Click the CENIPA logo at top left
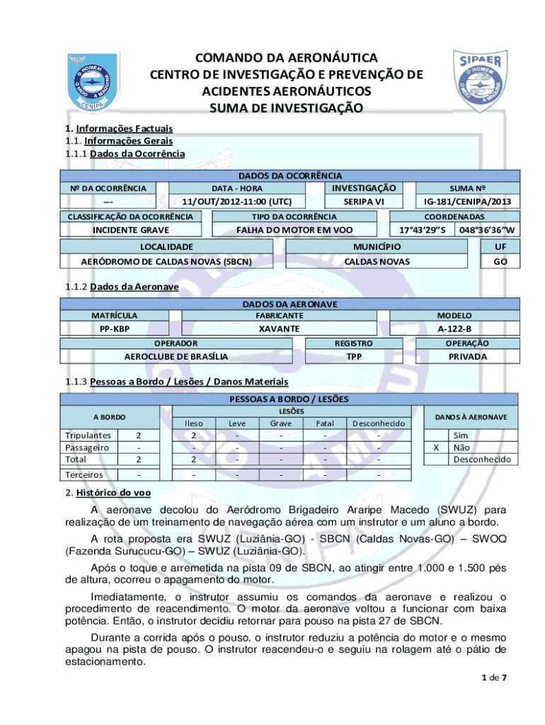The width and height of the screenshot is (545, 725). click(x=88, y=81)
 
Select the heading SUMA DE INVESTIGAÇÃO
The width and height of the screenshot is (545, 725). click(x=286, y=108)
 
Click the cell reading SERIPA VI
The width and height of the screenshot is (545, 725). click(x=359, y=202)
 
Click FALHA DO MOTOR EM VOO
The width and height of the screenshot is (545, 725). click(x=294, y=230)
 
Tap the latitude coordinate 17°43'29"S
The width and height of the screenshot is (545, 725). click(x=423, y=230)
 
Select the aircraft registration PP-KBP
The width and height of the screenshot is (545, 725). click(x=114, y=329)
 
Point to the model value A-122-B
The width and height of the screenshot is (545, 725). click(x=454, y=329)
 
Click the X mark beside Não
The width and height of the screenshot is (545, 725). click(x=436, y=447)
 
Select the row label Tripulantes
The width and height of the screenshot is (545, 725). click(x=88, y=435)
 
